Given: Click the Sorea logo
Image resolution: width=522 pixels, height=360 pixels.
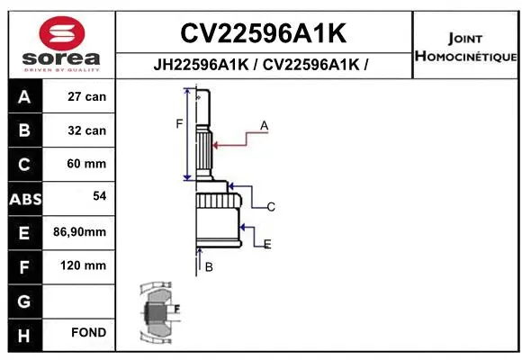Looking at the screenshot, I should (61, 42).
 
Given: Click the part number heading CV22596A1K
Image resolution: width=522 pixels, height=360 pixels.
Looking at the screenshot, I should (263, 33).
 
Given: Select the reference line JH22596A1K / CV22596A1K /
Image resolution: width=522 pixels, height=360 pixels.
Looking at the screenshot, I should (263, 65).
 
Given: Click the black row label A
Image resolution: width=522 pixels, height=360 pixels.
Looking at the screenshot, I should (23, 96).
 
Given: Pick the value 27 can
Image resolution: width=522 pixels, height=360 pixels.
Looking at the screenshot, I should (86, 96).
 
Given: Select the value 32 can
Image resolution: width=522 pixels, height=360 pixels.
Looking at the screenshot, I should (86, 130).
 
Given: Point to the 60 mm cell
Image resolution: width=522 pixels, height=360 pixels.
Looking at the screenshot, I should (86, 164).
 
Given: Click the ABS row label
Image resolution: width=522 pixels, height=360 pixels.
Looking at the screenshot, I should (23, 198).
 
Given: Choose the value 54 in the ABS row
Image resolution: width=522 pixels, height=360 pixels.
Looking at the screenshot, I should (99, 195).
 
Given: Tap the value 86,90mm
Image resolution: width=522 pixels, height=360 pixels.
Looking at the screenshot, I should (80, 232).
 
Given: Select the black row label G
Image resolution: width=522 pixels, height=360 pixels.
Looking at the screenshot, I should (23, 300).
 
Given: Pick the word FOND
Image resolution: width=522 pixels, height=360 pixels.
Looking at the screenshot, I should (89, 333).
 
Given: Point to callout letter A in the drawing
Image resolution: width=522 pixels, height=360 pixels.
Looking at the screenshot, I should (265, 126).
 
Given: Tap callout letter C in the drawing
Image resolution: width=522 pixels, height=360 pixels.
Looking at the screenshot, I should (270, 207).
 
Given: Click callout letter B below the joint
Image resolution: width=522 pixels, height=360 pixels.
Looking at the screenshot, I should (208, 267).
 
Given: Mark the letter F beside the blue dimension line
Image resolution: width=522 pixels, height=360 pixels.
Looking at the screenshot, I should (179, 123).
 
